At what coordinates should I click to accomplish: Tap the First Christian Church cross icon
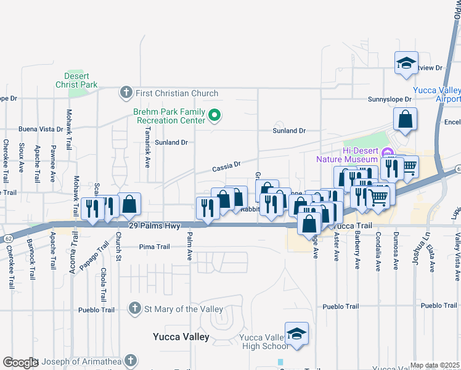coord(126,93)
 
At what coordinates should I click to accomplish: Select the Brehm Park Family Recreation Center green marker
coord(214,114)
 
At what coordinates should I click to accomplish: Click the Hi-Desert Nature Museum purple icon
coord(387,153)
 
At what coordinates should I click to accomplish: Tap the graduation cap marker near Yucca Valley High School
coord(297,334)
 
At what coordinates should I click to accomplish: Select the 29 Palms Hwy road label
coord(154,226)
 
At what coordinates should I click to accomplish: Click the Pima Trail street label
coord(154,247)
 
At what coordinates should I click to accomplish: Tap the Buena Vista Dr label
coord(40,129)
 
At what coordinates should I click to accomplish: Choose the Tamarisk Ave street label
coord(147,150)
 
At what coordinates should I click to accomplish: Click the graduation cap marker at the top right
coord(406,62)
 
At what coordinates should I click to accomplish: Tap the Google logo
coord(20,363)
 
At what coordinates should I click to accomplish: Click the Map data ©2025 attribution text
coord(434,365)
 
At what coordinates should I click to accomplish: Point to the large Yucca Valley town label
coord(181,337)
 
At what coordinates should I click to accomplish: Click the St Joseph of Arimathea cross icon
coord(129,360)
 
